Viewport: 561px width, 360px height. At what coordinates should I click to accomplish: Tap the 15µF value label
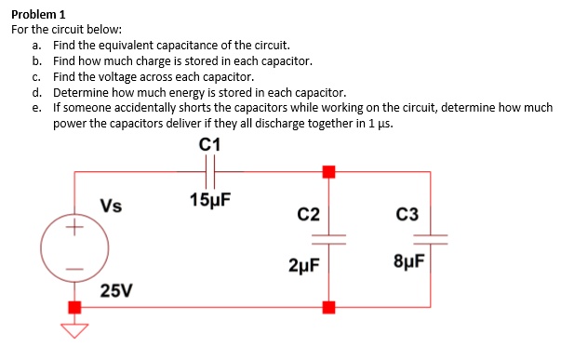coord(208,200)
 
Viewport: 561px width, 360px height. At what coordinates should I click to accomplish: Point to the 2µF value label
coord(306,265)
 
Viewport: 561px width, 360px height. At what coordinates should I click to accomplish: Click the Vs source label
coord(112,206)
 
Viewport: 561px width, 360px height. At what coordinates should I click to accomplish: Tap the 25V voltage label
coord(115,292)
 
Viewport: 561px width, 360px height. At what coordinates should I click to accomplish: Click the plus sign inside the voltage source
coord(74,227)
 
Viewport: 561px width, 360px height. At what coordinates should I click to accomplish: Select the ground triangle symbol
coord(74,328)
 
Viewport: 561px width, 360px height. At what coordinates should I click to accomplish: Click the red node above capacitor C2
coord(327,171)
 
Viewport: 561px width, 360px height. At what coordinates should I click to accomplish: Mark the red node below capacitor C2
coord(327,306)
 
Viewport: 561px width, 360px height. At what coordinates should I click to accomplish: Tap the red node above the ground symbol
coord(74,306)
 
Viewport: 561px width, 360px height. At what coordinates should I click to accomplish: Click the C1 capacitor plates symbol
coord(210,171)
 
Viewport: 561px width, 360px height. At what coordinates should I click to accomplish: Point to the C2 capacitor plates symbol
coord(327,239)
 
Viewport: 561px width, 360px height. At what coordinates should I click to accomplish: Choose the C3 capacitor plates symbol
coord(429,239)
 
